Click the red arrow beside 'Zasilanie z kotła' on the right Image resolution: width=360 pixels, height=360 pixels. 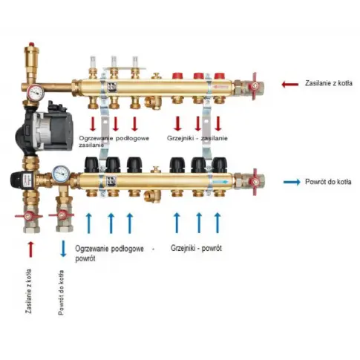click(289, 85)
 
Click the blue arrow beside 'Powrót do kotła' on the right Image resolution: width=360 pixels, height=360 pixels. click(292, 183)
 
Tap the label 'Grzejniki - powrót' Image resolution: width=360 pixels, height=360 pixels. click(196, 248)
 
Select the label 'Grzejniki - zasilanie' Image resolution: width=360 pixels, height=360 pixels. click(197, 138)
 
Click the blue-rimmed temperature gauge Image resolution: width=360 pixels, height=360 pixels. click(62, 173)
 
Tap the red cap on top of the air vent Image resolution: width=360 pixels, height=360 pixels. click(31, 45)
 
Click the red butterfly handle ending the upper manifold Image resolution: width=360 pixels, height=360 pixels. click(255, 86)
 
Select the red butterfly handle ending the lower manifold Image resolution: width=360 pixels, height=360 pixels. click(255, 182)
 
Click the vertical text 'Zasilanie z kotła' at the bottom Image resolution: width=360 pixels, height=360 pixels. click(29, 291)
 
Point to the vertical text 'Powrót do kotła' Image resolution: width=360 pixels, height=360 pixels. click(61, 292)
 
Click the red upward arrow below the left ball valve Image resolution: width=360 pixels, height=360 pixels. click(30, 249)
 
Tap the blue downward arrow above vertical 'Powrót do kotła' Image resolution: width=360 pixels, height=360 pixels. click(63, 249)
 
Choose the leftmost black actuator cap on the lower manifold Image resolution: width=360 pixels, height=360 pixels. click(92, 165)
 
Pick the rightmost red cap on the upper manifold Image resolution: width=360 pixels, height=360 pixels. click(219, 76)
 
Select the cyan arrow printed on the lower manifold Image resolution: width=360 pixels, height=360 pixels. click(224, 182)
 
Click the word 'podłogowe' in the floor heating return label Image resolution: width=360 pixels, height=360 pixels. click(128, 249)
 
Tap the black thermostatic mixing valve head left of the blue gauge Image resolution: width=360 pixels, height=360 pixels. click(23, 177)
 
